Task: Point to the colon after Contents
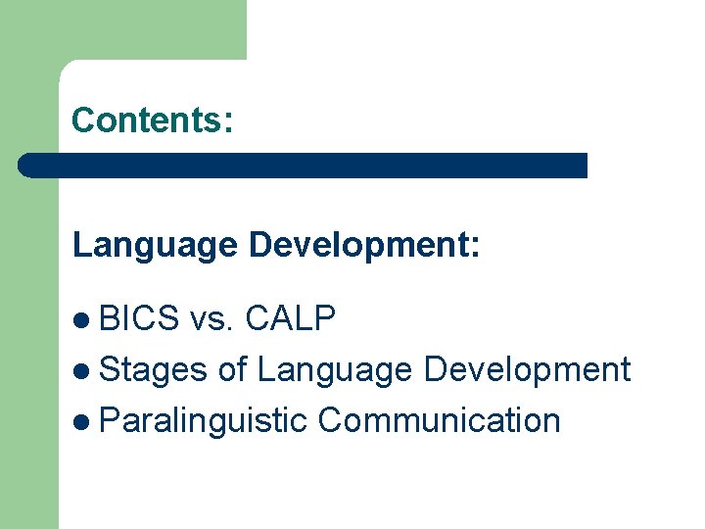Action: coord(228,121)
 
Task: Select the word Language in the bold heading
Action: coord(154,245)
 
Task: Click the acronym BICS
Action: coord(140,318)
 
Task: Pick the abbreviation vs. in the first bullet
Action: coord(212,318)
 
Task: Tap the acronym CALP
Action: coord(291,318)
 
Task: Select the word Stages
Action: coord(154,370)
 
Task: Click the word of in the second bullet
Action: coord(233,370)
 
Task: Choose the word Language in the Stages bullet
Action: coord(336,370)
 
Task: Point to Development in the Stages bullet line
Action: coord(528,370)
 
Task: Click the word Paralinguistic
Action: coord(204,421)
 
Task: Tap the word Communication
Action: coord(440,421)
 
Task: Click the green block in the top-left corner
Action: coord(122,29)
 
